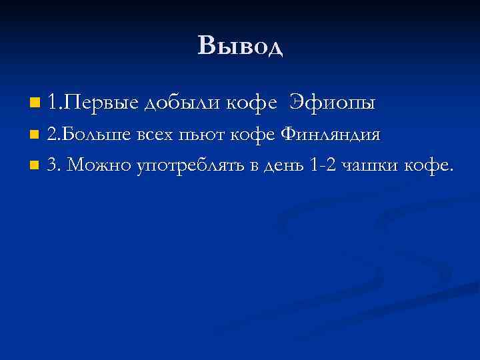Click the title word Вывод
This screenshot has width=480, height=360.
[240, 46]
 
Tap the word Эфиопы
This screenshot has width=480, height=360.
[333, 103]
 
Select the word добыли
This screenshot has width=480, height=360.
[182, 103]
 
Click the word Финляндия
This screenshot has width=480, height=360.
[331, 135]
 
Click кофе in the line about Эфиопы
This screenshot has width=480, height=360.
[251, 103]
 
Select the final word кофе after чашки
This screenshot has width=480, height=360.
[429, 165]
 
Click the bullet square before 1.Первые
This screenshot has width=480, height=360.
[35, 103]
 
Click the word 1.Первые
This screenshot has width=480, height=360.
[93, 103]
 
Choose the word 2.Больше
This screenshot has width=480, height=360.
[90, 135]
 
